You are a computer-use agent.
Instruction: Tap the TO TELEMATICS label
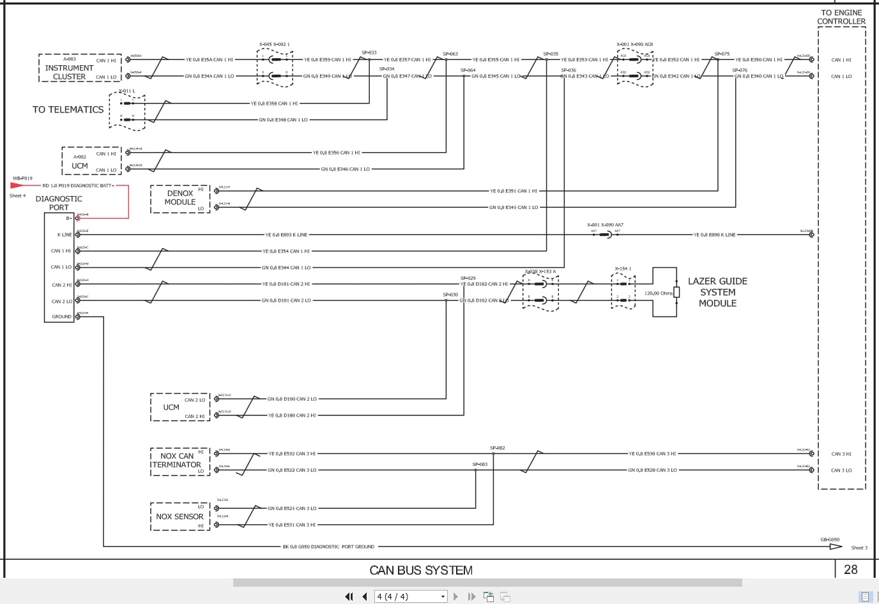[x=68, y=110]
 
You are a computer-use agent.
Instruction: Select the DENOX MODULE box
[x=180, y=198]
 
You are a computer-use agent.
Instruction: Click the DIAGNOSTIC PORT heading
[x=59, y=203]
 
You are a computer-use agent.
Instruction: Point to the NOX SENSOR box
[x=180, y=516]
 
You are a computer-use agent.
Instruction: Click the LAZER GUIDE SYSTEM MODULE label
[x=717, y=292]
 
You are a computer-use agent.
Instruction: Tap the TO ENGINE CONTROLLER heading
[x=841, y=17]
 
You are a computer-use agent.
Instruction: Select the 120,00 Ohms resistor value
[x=658, y=293]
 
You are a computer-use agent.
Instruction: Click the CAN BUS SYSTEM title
[x=421, y=570]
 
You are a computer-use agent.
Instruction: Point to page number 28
[x=850, y=569]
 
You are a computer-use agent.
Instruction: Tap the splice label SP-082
[x=497, y=448]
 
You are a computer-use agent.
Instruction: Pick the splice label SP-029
[x=468, y=278]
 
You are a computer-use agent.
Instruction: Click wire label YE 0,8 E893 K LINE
[x=286, y=235]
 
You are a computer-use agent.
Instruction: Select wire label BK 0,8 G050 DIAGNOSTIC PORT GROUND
[x=328, y=547]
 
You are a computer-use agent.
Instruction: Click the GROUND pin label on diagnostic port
[x=62, y=316]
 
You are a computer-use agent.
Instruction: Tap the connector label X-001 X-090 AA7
[x=605, y=225]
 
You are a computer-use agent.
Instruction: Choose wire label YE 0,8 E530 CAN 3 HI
[x=652, y=454]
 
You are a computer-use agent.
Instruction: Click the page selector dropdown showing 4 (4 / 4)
[x=411, y=596]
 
